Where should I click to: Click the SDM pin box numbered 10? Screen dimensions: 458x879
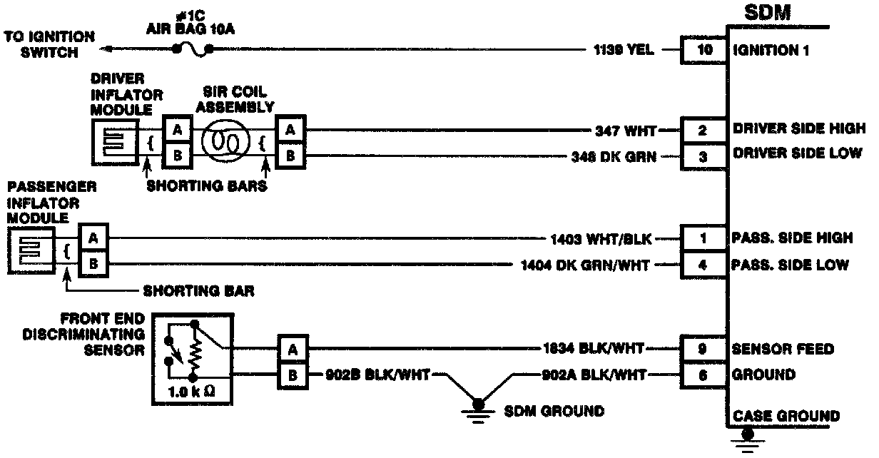702,51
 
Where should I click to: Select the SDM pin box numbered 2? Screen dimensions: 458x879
702,131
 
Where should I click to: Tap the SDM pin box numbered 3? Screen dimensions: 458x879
702,156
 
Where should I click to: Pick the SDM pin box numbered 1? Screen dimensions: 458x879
702,239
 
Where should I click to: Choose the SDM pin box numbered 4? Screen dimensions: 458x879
702,265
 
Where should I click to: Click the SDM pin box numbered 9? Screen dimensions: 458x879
702,349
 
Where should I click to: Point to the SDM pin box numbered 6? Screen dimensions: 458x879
702,375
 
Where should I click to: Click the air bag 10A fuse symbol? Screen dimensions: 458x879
193,51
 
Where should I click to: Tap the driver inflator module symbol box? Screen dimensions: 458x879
114,141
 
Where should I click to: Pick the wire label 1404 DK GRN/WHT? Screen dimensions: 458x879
586,265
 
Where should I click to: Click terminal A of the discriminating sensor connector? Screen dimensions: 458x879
291,349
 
